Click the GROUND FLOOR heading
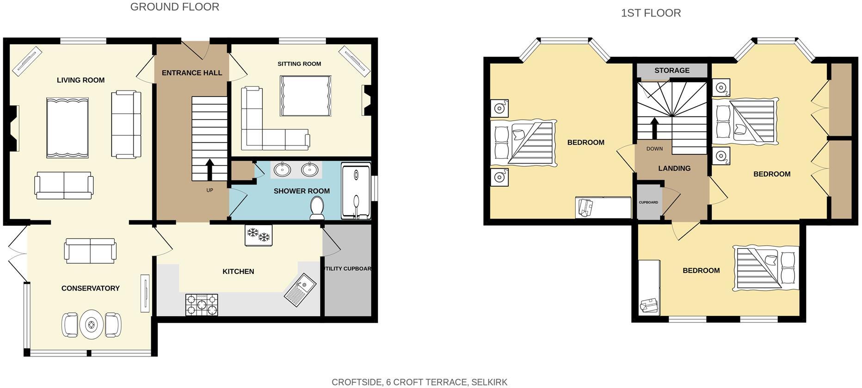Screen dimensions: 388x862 pyautogui.click(x=174, y=7)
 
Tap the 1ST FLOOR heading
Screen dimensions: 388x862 pyautogui.click(x=651, y=13)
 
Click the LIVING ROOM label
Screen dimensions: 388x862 pyautogui.click(x=80, y=80)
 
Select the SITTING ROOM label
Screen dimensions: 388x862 pyautogui.click(x=299, y=64)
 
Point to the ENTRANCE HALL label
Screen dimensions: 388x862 pyautogui.click(x=191, y=73)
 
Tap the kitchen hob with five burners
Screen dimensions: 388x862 pyautogui.click(x=202, y=305)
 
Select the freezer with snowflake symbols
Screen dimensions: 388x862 pyautogui.click(x=258, y=235)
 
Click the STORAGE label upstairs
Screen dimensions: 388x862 pyautogui.click(x=671, y=71)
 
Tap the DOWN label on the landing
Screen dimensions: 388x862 pyautogui.click(x=654, y=149)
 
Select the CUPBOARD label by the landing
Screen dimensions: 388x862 pyautogui.click(x=648, y=202)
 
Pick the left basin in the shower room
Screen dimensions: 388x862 pyautogui.click(x=282, y=170)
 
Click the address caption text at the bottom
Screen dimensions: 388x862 pyautogui.click(x=419, y=382)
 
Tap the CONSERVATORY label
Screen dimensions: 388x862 pyautogui.click(x=90, y=288)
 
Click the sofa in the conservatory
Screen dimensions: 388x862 pyautogui.click(x=90, y=251)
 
